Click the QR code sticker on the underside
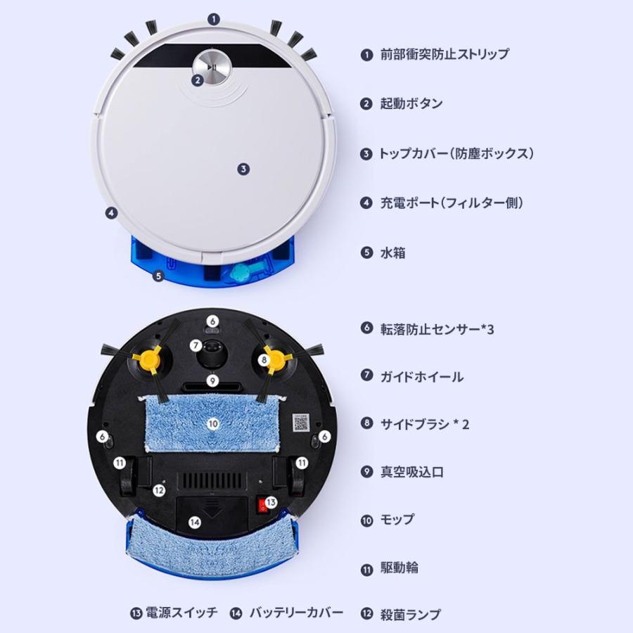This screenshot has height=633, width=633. (301, 421)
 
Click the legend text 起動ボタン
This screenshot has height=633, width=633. (411, 103)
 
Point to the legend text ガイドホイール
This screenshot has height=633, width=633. (421, 376)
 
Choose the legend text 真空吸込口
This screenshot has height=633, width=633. (411, 472)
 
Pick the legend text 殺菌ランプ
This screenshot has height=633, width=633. (411, 614)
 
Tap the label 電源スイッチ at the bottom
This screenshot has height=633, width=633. (183, 613)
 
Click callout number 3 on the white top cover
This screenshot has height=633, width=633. (243, 169)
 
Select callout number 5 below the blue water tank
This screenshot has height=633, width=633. (158, 276)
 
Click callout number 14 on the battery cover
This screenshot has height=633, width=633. (195, 522)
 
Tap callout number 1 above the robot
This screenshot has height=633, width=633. (215, 20)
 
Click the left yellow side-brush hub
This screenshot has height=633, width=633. (148, 359)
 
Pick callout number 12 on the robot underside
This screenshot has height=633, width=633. (159, 490)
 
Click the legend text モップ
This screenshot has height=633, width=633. (397, 520)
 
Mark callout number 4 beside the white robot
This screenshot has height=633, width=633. (110, 212)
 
